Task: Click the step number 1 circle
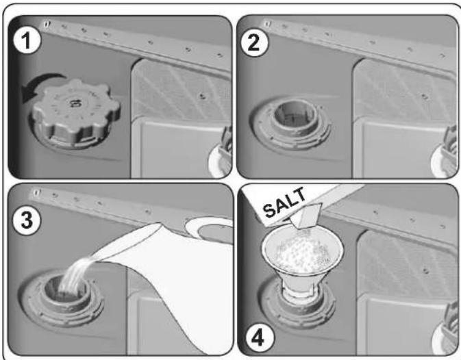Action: [27, 40]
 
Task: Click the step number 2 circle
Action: [254, 42]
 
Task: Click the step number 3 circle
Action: [26, 220]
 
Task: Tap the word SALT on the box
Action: [284, 203]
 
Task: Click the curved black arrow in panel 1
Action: [41, 85]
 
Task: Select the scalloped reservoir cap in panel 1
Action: [75, 113]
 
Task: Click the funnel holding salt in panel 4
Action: [302, 261]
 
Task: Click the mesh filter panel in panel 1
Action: [182, 90]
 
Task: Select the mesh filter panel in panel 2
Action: [405, 90]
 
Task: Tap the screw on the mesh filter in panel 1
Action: [201, 96]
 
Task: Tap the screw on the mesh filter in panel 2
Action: [424, 97]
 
